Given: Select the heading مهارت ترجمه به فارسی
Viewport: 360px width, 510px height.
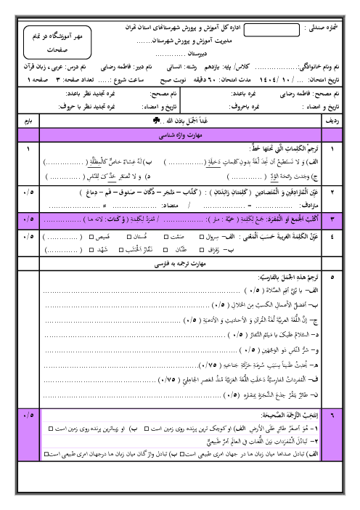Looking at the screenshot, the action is (181, 266).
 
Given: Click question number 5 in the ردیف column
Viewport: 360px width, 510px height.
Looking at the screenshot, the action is (335, 278).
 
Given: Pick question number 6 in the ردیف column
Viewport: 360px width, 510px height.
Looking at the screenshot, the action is (335, 436).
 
